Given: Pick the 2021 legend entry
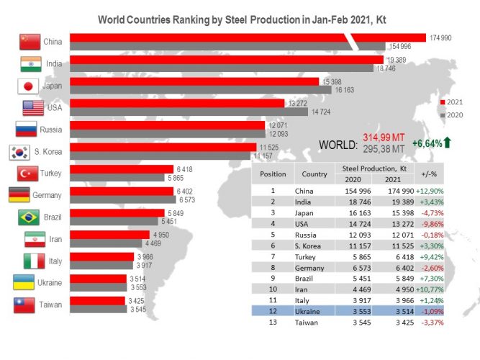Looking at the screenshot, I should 452,102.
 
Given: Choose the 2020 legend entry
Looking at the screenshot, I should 452,114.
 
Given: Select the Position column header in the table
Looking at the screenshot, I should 273,174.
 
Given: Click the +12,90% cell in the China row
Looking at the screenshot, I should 427,191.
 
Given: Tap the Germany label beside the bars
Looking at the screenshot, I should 47,195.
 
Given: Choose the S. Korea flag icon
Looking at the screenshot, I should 19,152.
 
